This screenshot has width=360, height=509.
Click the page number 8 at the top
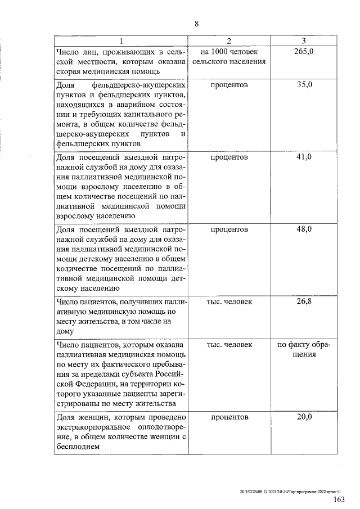(197, 24)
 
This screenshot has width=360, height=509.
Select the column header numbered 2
(229, 41)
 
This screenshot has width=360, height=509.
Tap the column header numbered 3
(303, 41)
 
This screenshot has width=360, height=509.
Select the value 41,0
(304, 157)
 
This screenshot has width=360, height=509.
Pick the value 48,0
(304, 229)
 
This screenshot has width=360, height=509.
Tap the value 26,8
(304, 302)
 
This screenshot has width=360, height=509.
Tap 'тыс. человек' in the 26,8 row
(229, 302)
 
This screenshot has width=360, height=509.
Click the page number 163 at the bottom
(339, 499)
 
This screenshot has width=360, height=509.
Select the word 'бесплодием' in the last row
(78, 447)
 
